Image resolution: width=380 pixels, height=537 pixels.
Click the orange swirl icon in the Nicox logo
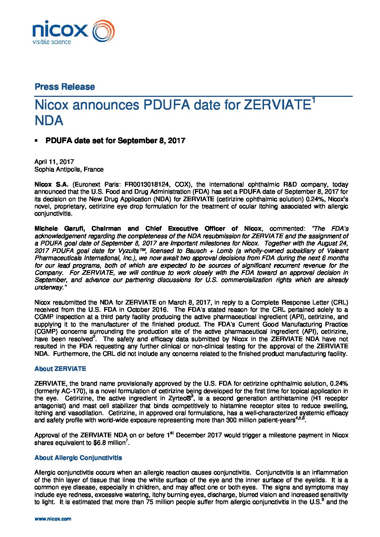coord(104,31)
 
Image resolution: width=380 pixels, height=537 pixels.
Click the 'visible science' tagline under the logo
coord(52,42)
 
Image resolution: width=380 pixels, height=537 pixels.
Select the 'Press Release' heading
coord(65,87)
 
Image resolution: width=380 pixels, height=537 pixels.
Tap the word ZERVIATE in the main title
coord(277,105)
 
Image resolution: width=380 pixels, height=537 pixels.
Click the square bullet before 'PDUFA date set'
coord(36,141)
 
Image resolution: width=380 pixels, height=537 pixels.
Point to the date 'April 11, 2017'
coord(54,162)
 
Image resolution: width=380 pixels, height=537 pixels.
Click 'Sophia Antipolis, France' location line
coord(69,169)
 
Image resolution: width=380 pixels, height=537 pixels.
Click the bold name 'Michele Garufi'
coord(59,229)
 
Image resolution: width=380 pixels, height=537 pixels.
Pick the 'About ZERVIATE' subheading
coord(60,369)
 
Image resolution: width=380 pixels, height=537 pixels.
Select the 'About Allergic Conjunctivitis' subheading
coord(78,458)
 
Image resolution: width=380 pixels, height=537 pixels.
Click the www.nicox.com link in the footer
coord(53,519)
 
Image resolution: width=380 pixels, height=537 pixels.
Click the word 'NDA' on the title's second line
coord(49,121)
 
